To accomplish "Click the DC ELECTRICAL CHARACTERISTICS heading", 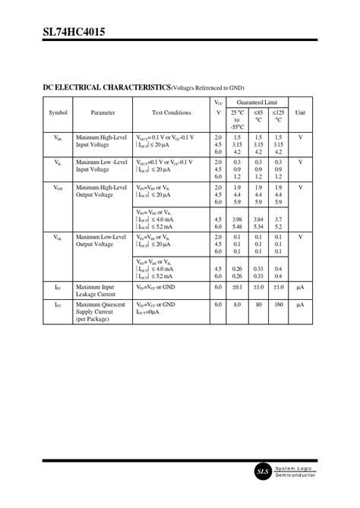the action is pos(106,88).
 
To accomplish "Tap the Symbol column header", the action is pos(58,112).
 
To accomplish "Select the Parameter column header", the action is pos(103,112).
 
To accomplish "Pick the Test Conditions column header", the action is pos(172,112).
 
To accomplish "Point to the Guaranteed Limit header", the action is pos(257,102).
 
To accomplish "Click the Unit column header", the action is pos(300,112).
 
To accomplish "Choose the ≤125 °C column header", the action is pos(279,115).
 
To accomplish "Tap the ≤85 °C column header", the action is pos(258,115).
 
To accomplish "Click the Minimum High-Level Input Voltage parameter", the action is pos(102,140).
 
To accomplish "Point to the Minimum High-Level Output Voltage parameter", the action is pos(102,191).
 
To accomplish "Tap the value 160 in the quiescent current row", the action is pos(278,304).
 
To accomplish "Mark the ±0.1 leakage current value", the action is pos(237,287).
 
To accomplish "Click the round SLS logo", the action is pos(262,472).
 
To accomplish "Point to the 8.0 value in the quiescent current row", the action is pos(237,304).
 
